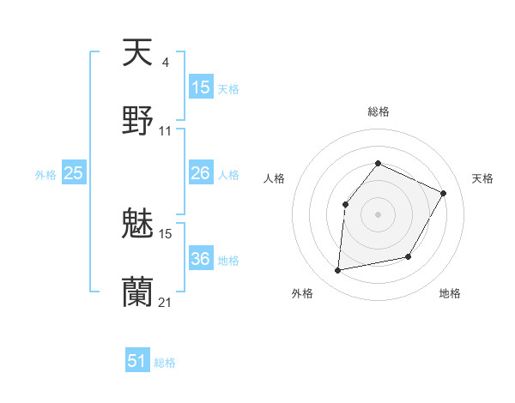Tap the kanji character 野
(x=137, y=121)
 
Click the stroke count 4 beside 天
(x=165, y=63)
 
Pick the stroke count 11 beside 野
(x=166, y=131)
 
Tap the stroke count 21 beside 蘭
(x=166, y=303)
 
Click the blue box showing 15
(x=201, y=87)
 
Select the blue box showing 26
(x=201, y=173)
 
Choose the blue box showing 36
(x=201, y=259)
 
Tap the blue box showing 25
(x=74, y=173)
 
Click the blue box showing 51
(x=137, y=361)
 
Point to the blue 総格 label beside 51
(x=165, y=363)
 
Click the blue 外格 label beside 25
(x=45, y=175)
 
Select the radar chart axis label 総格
(x=378, y=111)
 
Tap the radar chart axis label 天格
(x=482, y=178)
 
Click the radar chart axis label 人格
(x=275, y=178)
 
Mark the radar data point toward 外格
(x=338, y=271)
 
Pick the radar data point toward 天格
(x=444, y=193)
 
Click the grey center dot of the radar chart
(x=378, y=214)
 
